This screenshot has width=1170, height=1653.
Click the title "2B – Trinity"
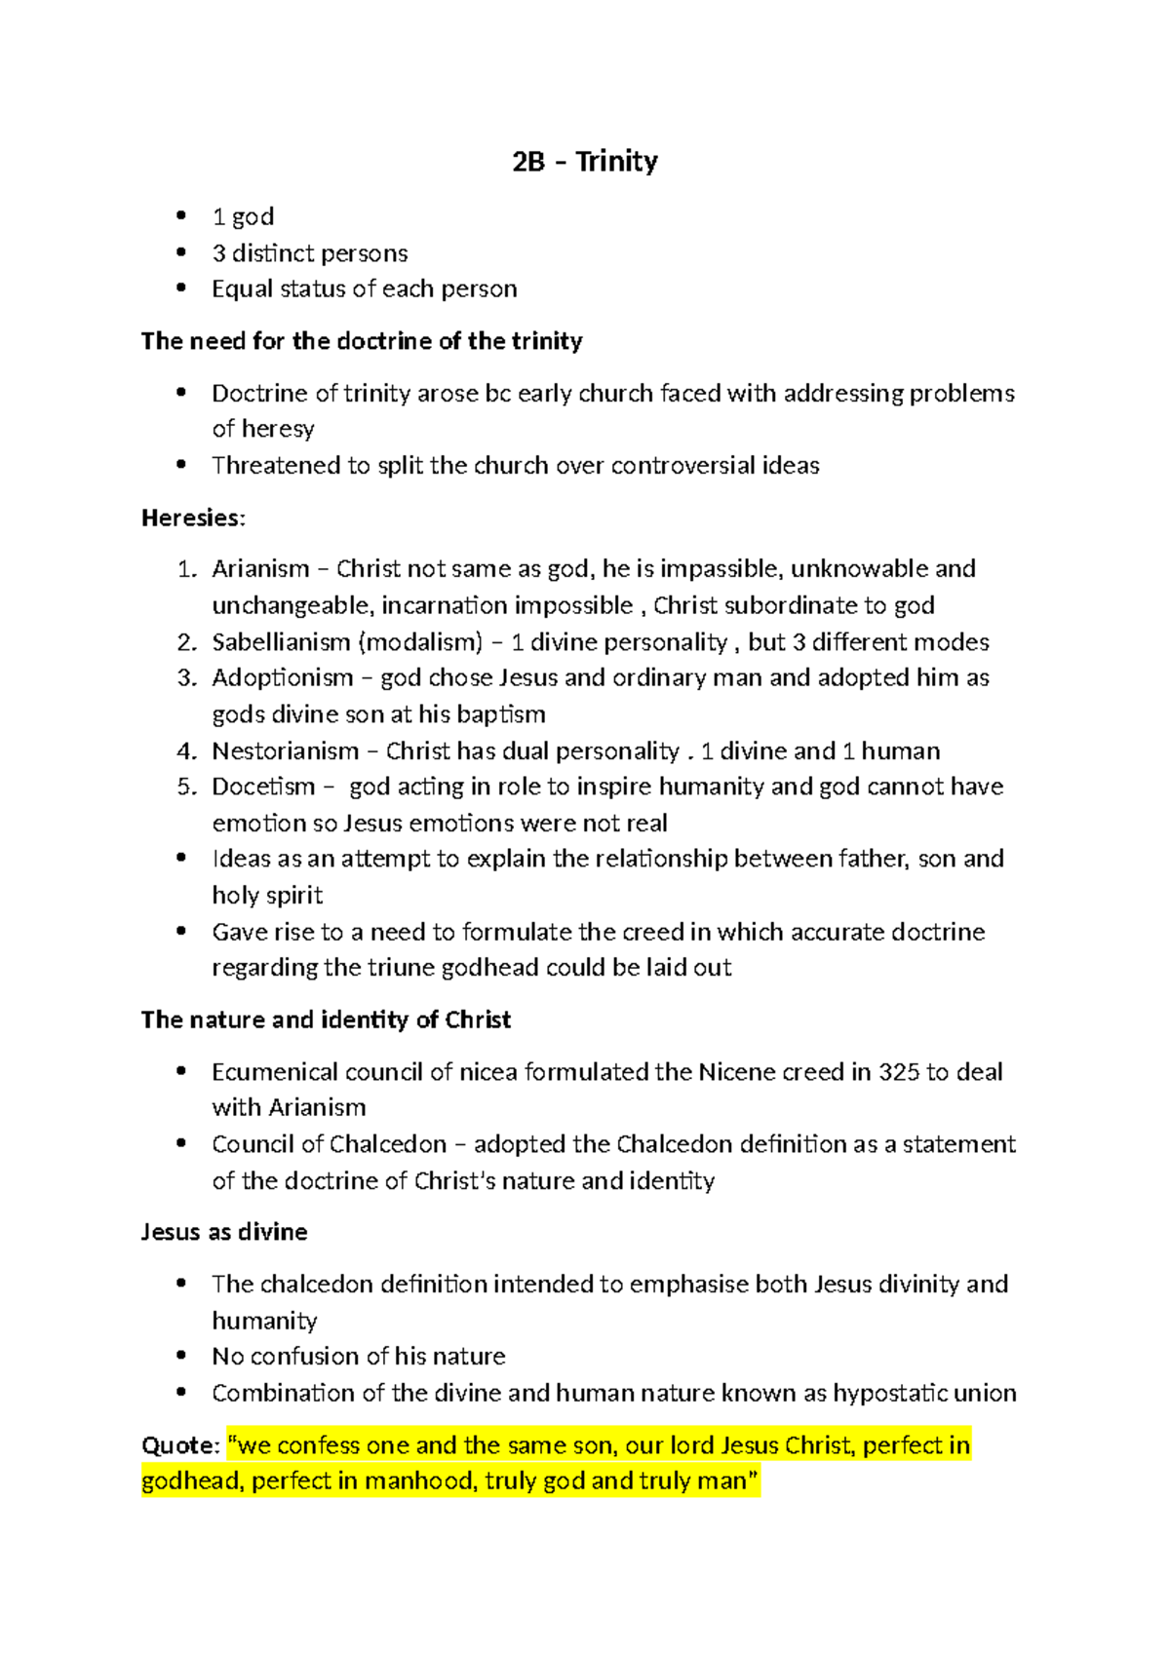click(x=584, y=161)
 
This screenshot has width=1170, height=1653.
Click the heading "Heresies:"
click(x=193, y=518)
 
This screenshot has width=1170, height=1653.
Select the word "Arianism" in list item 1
click(x=260, y=569)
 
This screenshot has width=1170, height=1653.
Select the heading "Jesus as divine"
click(x=224, y=1232)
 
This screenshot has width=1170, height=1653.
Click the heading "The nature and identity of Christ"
click(x=326, y=1020)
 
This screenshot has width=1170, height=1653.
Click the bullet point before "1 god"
click(x=180, y=216)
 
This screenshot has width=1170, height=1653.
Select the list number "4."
click(x=187, y=751)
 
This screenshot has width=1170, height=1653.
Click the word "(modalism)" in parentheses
click(x=420, y=642)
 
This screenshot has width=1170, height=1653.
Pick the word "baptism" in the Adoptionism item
click(x=501, y=714)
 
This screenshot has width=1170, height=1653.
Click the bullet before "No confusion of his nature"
click(x=180, y=1357)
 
